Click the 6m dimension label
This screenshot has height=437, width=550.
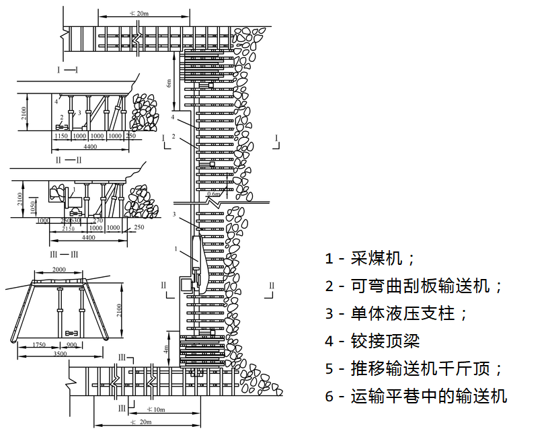click(169, 83)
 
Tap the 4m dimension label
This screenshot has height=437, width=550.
click(166, 350)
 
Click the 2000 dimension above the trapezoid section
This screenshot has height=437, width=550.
click(60, 269)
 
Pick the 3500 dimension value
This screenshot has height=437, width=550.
click(60, 353)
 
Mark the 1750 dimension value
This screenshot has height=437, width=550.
click(40, 344)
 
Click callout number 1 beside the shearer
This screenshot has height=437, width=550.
click(176, 249)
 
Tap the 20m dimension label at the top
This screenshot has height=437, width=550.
click(140, 13)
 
